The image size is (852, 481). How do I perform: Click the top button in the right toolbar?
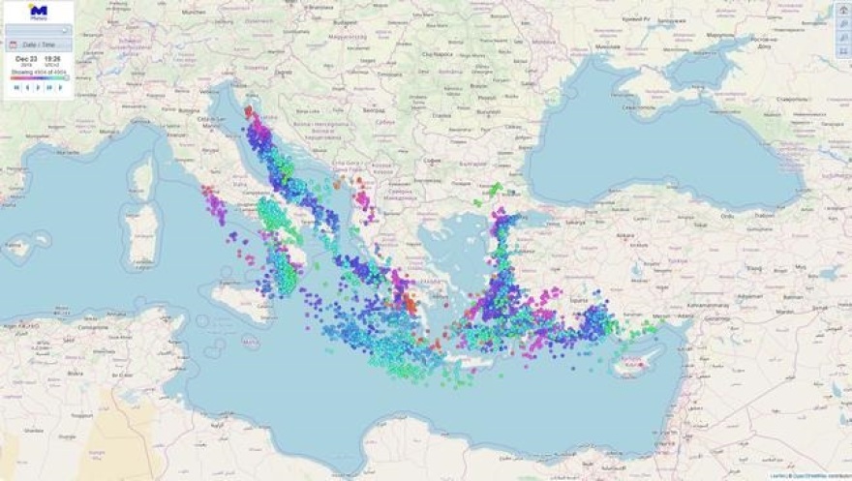(842, 10)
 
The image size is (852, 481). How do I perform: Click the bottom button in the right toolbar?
(842, 50)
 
